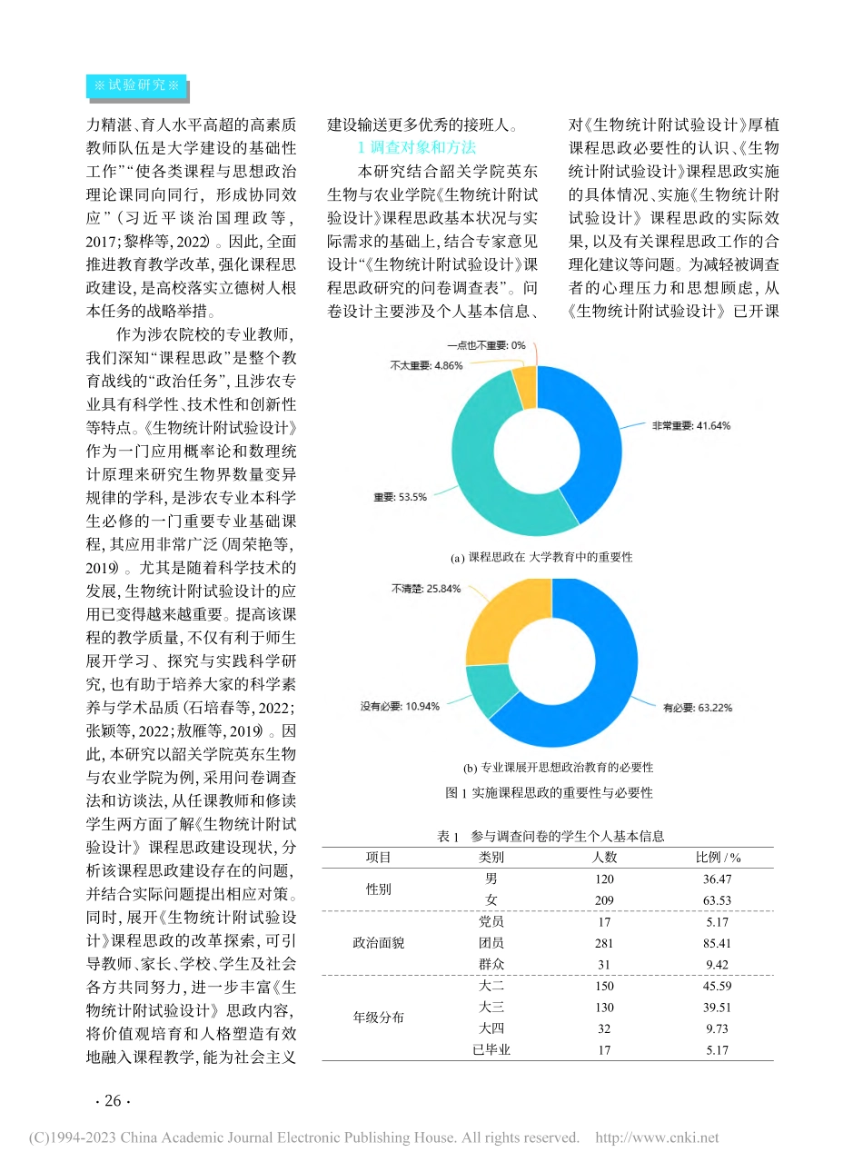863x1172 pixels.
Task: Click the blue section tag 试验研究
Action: click(x=136, y=85)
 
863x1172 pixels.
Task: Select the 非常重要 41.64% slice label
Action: click(x=690, y=425)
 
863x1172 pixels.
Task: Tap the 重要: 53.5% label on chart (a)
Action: click(x=400, y=497)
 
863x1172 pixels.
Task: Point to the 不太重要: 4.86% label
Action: click(x=426, y=365)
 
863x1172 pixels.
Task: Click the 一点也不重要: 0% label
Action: click(x=486, y=345)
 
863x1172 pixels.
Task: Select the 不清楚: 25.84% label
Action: click(x=426, y=589)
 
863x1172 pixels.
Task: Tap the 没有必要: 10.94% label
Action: click(x=400, y=706)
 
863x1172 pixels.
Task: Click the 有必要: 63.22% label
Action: click(x=697, y=708)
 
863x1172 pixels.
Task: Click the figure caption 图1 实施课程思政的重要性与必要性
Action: click(x=549, y=792)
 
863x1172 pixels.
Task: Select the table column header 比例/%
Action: click(x=718, y=857)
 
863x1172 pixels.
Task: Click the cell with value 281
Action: click(x=604, y=943)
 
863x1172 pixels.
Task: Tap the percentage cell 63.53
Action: click(x=717, y=900)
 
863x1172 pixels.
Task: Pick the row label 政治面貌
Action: click(x=378, y=943)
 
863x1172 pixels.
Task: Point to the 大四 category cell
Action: click(x=491, y=1028)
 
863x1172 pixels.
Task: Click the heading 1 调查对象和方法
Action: click(x=417, y=147)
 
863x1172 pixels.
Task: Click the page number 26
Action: click(x=113, y=1101)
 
